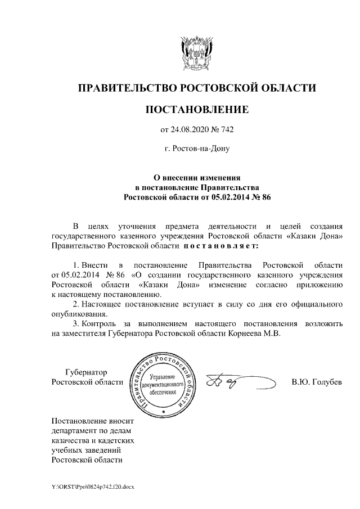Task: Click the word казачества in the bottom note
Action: (70, 440)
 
